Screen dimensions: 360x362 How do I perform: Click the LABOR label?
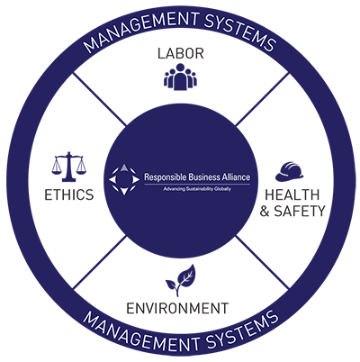coord(181,53)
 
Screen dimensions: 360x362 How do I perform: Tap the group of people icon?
coord(180,77)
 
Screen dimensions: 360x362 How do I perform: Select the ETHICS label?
coord(69,195)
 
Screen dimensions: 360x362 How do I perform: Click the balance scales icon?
coord(68,167)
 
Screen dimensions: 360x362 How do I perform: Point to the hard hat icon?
coord(289,171)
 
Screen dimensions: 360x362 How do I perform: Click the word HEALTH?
coord(292,195)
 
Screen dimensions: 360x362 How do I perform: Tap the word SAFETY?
coord(300,211)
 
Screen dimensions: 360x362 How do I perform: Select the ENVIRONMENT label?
coord(177,308)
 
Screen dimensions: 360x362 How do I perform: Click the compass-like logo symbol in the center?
coord(124,179)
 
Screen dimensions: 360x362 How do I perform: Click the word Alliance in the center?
coord(235,176)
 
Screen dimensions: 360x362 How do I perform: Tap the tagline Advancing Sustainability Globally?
coord(197,189)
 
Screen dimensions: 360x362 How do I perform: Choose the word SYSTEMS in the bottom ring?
coord(241,330)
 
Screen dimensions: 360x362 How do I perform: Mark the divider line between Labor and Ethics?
coord(100,99)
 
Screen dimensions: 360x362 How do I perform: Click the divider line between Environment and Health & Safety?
coord(263,262)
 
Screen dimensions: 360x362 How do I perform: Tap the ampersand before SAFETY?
coord(265,212)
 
